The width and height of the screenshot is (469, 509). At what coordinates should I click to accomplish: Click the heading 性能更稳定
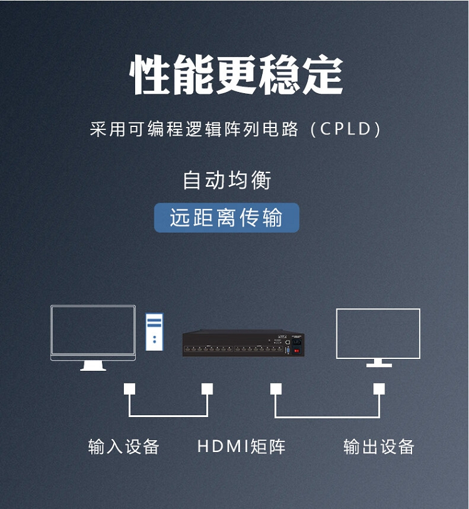point(236,75)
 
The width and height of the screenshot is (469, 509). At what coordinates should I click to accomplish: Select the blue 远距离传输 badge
point(226,218)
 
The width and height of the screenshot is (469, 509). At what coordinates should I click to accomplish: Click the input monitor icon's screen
point(93,331)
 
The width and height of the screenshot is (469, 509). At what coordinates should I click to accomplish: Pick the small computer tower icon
point(154,331)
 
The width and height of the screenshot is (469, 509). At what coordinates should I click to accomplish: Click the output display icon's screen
point(378,333)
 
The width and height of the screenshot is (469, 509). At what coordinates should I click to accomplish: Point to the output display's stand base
point(379,365)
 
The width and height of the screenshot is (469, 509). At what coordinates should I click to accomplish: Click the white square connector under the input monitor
point(129,389)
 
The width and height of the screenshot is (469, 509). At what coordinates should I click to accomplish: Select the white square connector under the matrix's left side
point(207,389)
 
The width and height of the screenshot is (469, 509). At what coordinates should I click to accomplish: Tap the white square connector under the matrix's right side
point(276,389)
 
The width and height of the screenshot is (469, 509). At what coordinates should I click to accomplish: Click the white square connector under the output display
point(379,389)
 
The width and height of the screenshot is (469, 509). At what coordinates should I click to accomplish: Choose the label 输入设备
point(124,446)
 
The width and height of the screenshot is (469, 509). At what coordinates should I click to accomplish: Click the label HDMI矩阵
point(241,446)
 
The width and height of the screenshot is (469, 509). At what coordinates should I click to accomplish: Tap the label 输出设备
point(379,446)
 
